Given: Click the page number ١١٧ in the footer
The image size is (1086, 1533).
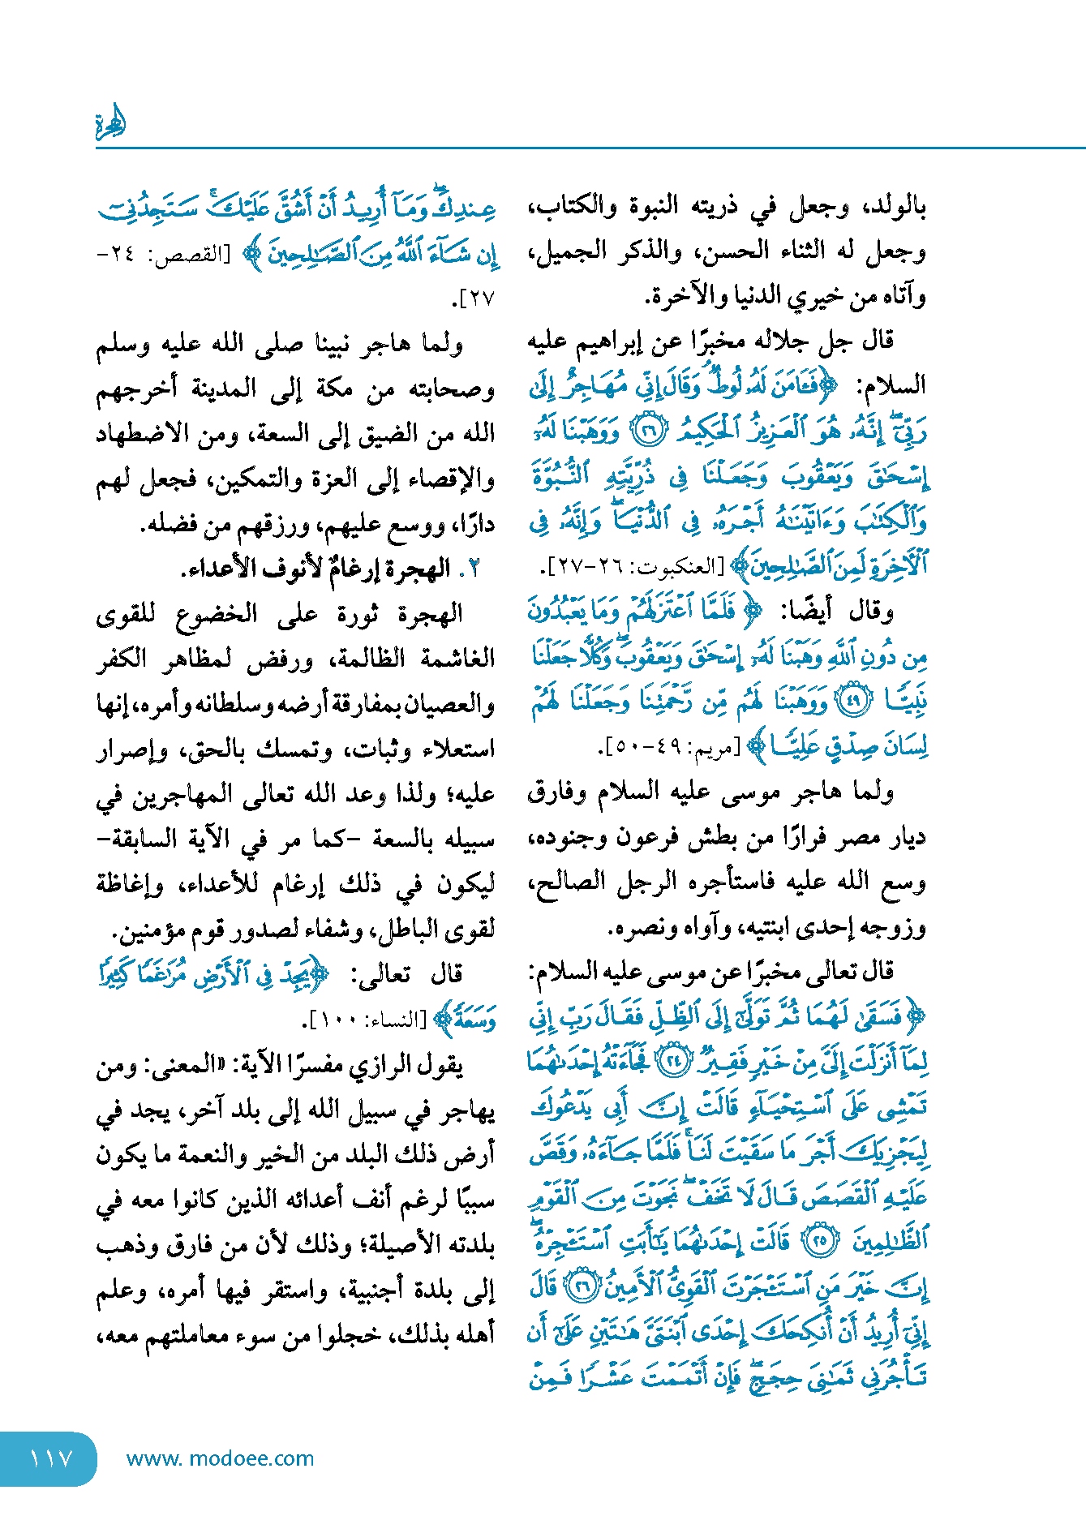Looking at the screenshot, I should coord(50,1458).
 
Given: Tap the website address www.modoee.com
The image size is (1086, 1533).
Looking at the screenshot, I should coord(220,1458).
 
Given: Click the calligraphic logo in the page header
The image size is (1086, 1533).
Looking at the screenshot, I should coord(110,122).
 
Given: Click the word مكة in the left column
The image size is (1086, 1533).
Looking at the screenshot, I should coord(333,389).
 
